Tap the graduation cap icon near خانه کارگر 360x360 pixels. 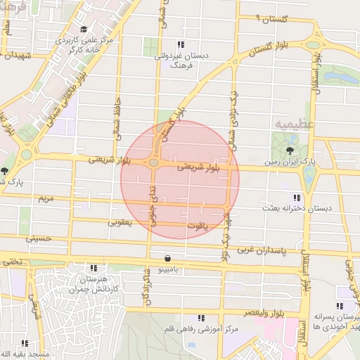[x=84, y=30]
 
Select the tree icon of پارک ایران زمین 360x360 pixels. [x=290, y=150]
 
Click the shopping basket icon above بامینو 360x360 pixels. [x=167, y=258]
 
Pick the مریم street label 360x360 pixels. [x=46, y=199]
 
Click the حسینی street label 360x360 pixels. [x=39, y=239]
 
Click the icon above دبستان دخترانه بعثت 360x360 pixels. [x=296, y=198]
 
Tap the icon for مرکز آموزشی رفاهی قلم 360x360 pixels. [x=202, y=319]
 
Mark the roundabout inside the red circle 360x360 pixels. [x=153, y=163]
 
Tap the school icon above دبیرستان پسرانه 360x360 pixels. [x=340, y=306]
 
